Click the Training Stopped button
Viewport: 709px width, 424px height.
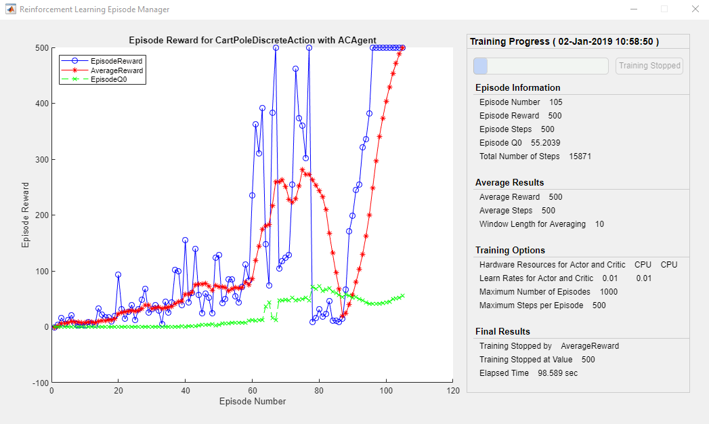pyautogui.click(x=649, y=66)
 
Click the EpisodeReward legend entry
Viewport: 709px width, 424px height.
pyautogui.click(x=116, y=61)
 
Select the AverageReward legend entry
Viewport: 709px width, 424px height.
pyautogui.click(x=116, y=70)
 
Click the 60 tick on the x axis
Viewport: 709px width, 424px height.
pyautogui.click(x=253, y=391)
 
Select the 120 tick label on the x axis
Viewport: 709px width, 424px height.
pyautogui.click(x=453, y=391)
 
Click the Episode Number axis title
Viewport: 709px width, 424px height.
pyautogui.click(x=253, y=401)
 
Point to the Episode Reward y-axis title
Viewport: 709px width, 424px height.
pyautogui.click(x=26, y=215)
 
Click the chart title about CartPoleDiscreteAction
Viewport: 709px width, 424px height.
pyautogui.click(x=253, y=40)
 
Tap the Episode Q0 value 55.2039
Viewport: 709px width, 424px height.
pyautogui.click(x=545, y=143)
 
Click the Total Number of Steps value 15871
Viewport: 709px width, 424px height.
pyautogui.click(x=580, y=156)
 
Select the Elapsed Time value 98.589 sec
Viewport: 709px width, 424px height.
pyautogui.click(x=558, y=373)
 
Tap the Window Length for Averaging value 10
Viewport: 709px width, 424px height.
pyautogui.click(x=599, y=224)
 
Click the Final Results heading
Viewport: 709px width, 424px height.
pyautogui.click(x=502, y=331)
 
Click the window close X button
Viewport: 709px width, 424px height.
pyautogui.click(x=694, y=9)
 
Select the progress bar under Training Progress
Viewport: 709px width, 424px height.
pyautogui.click(x=541, y=66)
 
